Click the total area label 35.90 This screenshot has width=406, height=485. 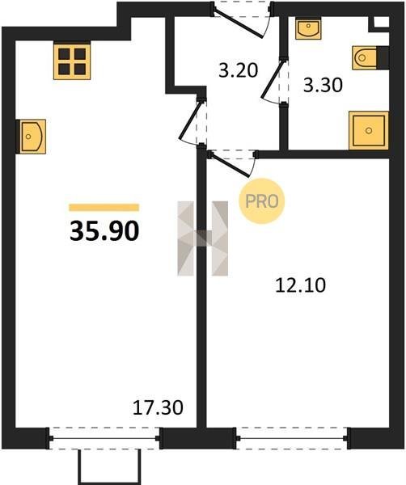tap(104, 231)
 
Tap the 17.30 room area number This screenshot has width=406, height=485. tap(158, 407)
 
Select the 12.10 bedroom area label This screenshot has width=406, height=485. tap(301, 285)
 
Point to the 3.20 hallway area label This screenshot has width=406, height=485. tap(238, 70)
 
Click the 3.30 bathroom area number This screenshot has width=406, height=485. tap(323, 85)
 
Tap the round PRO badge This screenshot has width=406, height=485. tap(262, 201)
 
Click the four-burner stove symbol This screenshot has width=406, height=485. tap(72, 61)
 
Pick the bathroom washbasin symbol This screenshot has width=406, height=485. tap(308, 28)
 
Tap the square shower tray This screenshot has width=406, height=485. tap(369, 130)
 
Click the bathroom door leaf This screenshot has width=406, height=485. tap(273, 80)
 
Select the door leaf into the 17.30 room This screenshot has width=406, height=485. tap(188, 120)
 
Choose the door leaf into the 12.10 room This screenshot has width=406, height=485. tap(230, 165)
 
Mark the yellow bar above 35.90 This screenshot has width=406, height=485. tap(104, 207)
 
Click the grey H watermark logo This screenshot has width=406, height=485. tap(203, 238)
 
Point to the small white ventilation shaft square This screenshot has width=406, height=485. tap(381, 22)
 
